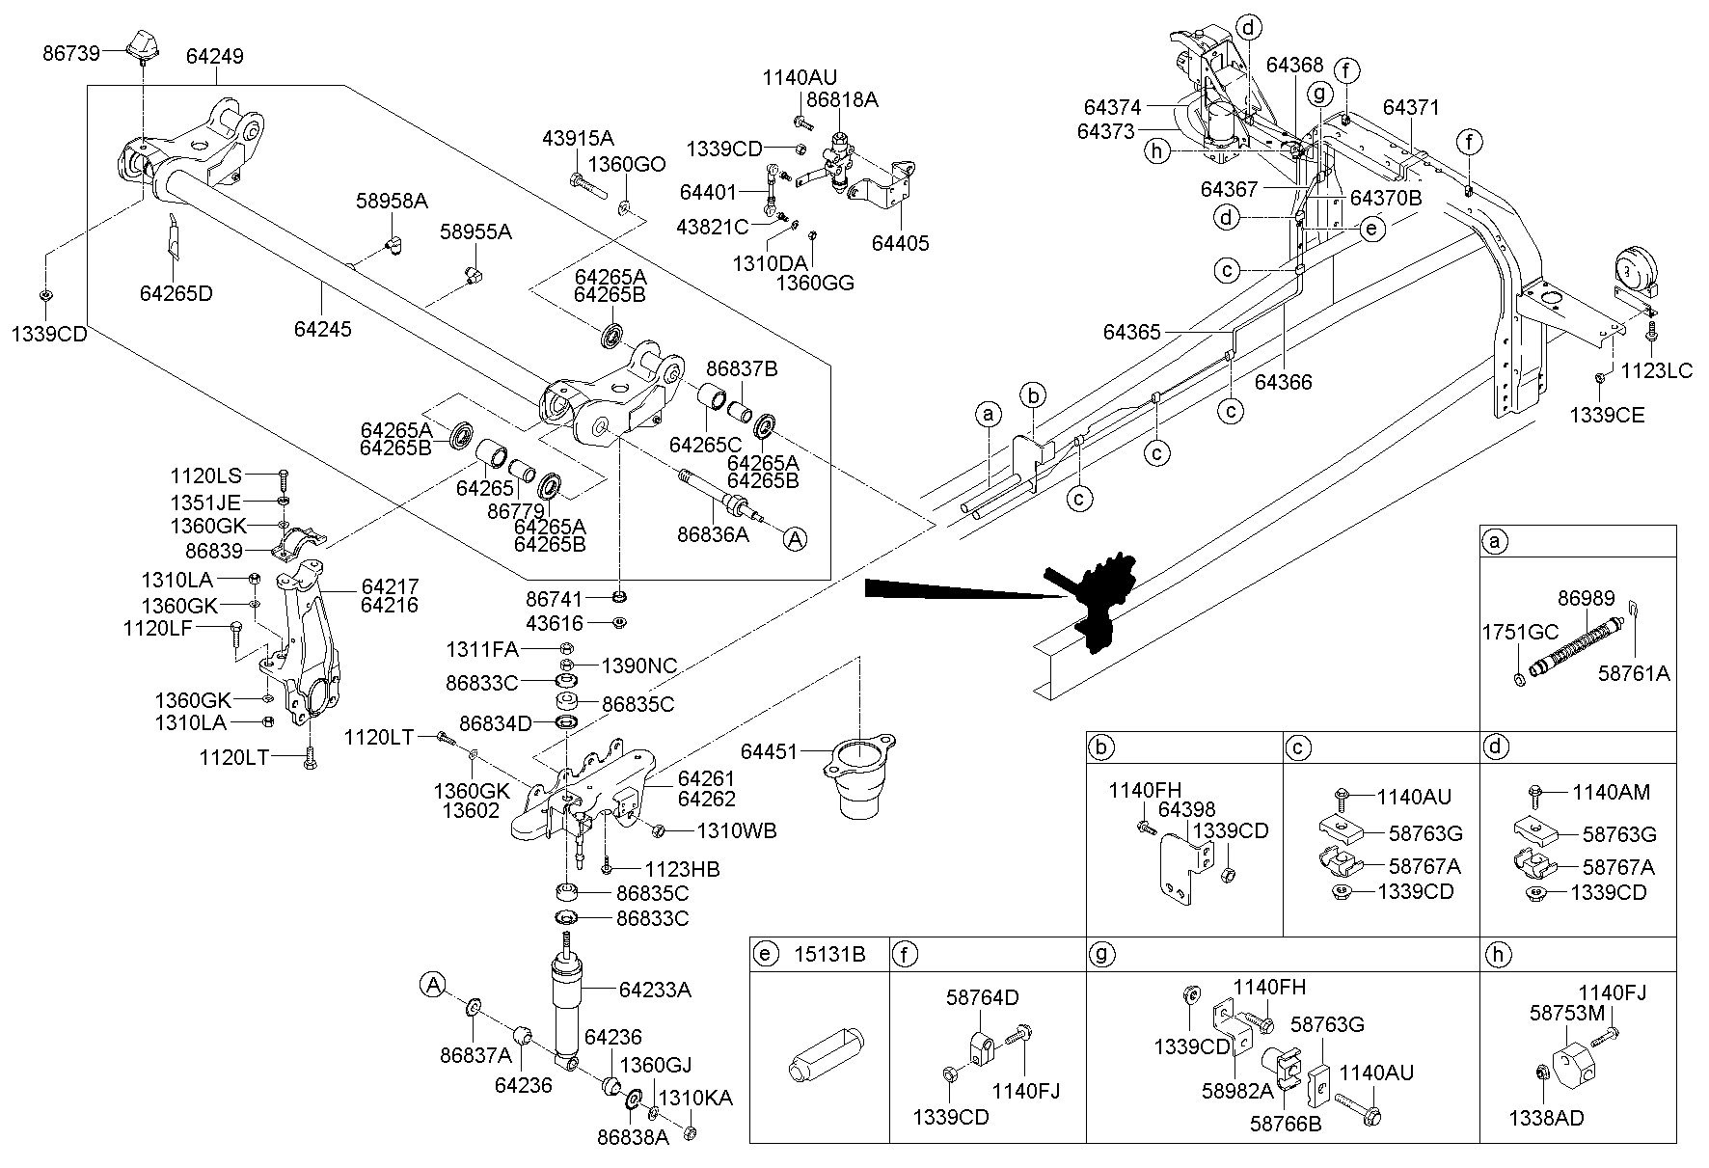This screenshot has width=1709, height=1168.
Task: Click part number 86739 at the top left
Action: [x=70, y=52]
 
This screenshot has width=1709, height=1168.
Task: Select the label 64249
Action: [x=214, y=56]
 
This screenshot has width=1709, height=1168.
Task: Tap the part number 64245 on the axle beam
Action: [x=323, y=329]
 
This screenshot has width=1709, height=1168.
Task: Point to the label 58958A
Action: [x=392, y=201]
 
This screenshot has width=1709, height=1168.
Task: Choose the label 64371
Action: [x=1411, y=106]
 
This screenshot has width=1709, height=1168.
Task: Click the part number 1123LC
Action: [x=1656, y=369]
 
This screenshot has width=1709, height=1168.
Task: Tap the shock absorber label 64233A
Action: [x=655, y=989]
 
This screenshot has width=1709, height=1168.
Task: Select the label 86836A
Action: [x=713, y=533]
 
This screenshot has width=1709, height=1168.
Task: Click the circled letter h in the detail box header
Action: [x=1496, y=955]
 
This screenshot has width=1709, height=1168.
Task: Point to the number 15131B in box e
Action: [x=829, y=955]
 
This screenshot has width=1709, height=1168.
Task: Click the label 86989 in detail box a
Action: [x=1587, y=599]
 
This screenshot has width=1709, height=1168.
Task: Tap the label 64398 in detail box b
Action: [x=1186, y=809]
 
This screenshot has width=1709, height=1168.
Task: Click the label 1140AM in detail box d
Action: [x=1611, y=792]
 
